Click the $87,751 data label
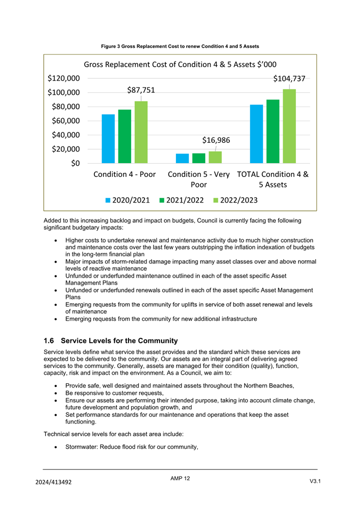(141, 90)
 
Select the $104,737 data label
(289, 78)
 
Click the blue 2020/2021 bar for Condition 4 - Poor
(108, 139)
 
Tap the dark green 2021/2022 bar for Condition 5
(198, 158)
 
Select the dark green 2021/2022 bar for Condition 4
(125, 136)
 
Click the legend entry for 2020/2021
(127, 200)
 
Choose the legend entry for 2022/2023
(235, 200)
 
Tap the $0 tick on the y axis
(75, 163)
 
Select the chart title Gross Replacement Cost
(180, 64)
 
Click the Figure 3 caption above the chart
(180, 46)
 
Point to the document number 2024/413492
(53, 482)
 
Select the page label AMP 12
(180, 478)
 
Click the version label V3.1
(315, 481)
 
